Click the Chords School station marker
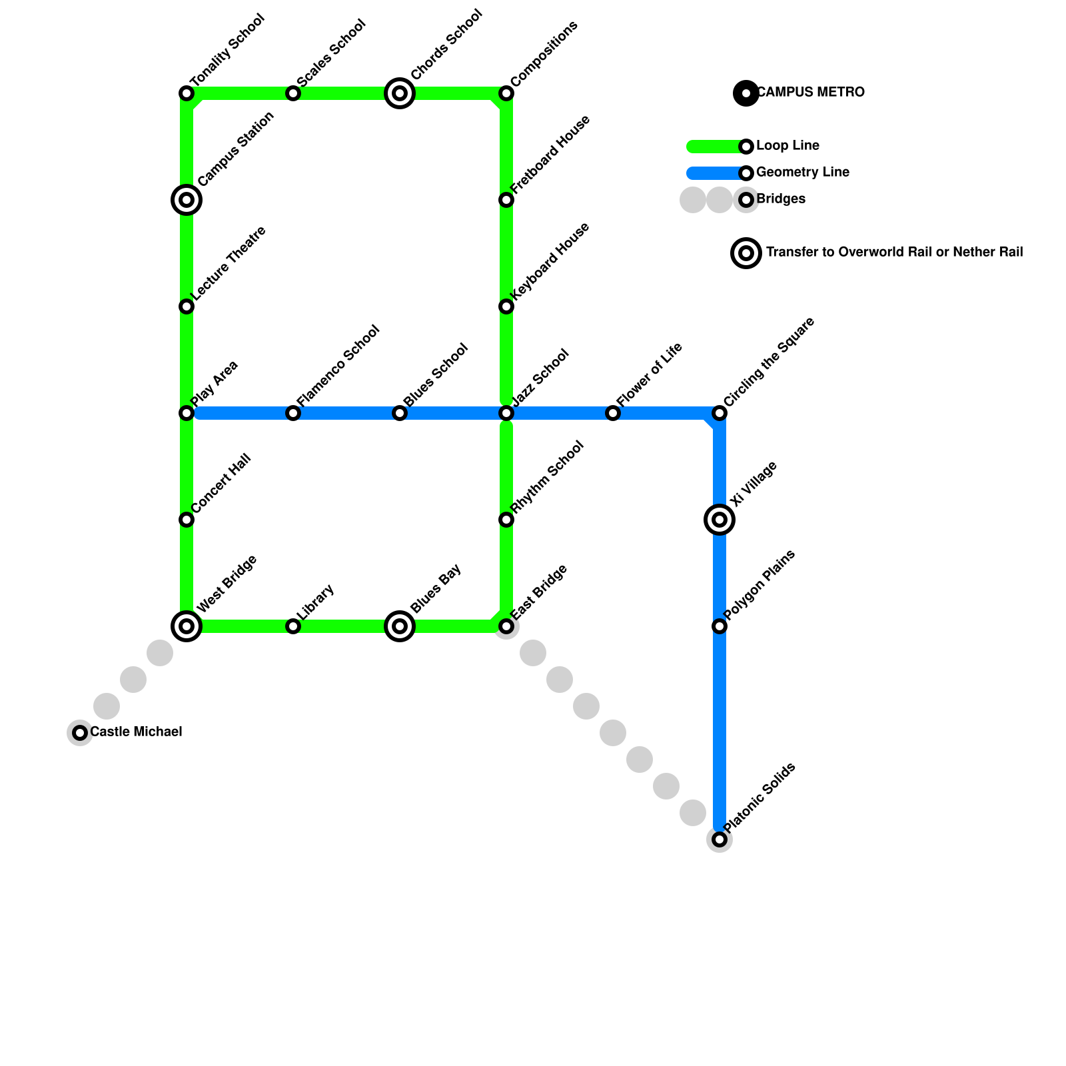tap(400, 93)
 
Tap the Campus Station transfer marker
tap(187, 199)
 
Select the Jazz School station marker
tap(506, 413)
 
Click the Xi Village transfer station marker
tap(720, 519)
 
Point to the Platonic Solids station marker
tap(720, 839)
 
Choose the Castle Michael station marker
tap(80, 733)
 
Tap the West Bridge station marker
tap(187, 626)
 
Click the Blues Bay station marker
tap(400, 626)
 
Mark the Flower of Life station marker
tap(613, 413)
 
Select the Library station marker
tap(293, 626)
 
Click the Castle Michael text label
tap(136, 732)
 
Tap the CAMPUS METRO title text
tap(811, 93)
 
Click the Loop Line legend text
tap(788, 146)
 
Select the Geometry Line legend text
tap(803, 173)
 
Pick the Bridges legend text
tap(781, 199)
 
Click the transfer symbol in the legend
tap(746, 253)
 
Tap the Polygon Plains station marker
tap(720, 626)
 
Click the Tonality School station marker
tap(187, 93)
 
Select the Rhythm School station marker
tap(506, 520)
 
